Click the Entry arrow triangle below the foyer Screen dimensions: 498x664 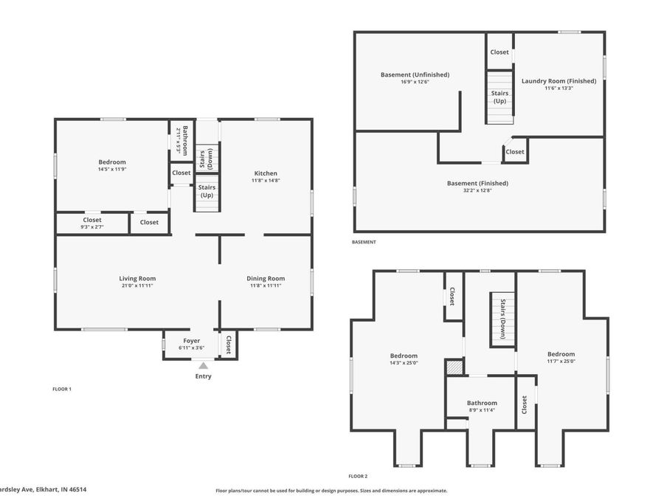point(203,364)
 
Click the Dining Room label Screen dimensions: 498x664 point(266,278)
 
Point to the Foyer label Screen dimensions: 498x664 point(191,341)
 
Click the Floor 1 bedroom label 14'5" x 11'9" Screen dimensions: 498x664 point(112,169)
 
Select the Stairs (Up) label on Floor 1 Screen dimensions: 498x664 point(207,192)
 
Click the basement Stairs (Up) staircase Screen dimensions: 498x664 point(499,97)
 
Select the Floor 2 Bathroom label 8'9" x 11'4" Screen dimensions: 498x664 point(483,407)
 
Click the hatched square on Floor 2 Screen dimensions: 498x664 point(454,367)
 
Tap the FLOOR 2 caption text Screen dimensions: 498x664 point(358,477)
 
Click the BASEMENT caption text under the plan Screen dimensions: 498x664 point(364,242)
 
